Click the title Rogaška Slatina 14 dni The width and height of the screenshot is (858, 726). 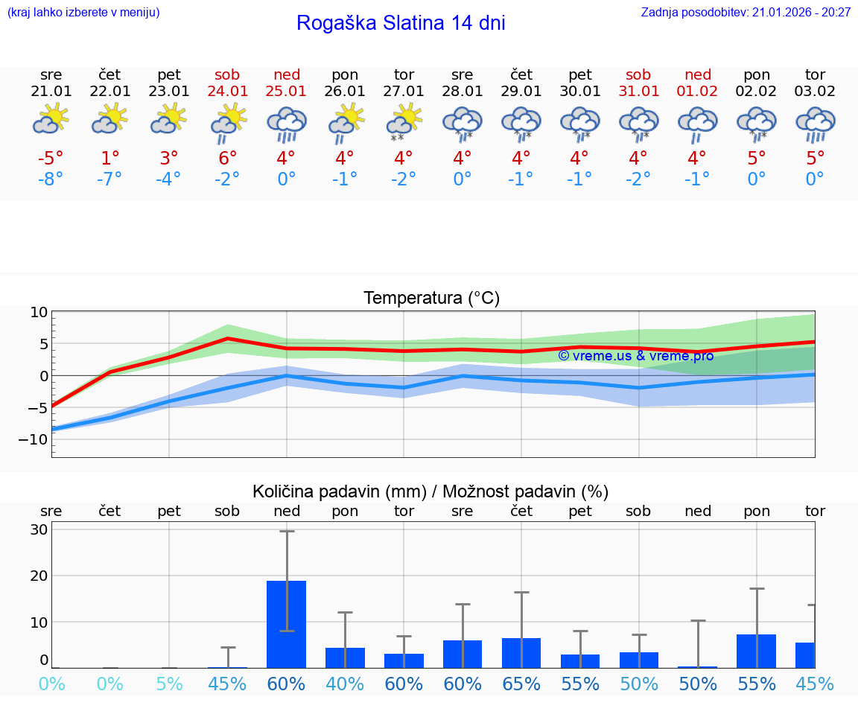click(x=401, y=23)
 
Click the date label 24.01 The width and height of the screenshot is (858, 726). click(x=228, y=92)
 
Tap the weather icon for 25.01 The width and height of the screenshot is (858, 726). click(x=287, y=124)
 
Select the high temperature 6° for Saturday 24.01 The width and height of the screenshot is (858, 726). click(x=228, y=158)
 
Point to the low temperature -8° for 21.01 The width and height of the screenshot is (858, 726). click(x=51, y=179)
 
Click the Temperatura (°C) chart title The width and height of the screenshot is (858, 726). click(x=431, y=299)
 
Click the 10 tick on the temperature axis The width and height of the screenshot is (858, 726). click(x=39, y=312)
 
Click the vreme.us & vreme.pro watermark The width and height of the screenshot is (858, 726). click(x=635, y=356)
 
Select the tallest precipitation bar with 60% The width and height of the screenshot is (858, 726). click(x=287, y=624)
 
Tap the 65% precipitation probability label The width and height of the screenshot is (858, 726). click(x=521, y=684)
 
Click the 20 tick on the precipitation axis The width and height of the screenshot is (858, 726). click(x=39, y=576)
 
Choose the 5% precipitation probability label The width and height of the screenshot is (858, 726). click(x=169, y=684)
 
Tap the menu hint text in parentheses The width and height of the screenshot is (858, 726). click(x=83, y=13)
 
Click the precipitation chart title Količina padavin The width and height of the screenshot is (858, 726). click(x=430, y=491)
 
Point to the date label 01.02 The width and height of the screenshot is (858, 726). click(x=698, y=92)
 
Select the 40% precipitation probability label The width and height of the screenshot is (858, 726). click(x=345, y=684)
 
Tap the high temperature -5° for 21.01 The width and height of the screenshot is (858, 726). click(x=51, y=158)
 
